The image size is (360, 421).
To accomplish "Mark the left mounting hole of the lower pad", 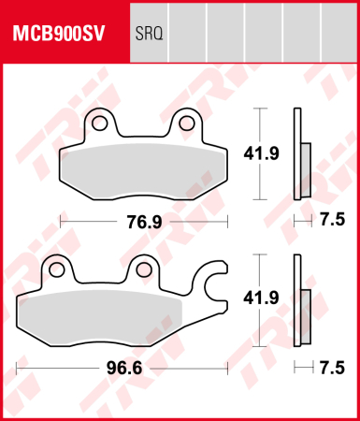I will pyautogui.click(x=57, y=270).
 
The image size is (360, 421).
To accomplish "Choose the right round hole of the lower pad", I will pyautogui.click(x=144, y=270).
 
